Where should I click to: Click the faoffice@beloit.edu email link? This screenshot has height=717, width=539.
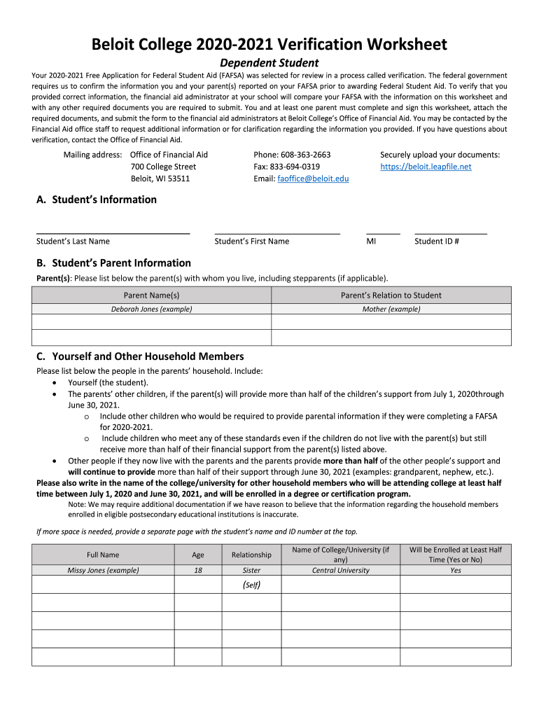click(313, 179)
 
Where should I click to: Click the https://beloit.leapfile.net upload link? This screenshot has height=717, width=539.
click(426, 167)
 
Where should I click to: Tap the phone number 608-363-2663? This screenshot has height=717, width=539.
click(305, 155)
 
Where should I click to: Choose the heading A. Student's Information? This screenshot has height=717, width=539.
click(97, 200)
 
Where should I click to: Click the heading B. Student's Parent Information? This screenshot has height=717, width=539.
click(113, 263)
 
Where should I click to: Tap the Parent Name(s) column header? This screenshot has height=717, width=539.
click(151, 295)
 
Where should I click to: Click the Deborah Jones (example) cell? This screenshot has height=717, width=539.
click(151, 309)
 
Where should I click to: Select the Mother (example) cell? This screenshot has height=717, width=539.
click(391, 309)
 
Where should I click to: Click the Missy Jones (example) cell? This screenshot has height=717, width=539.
click(103, 570)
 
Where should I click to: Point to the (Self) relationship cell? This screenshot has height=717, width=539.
click(251, 585)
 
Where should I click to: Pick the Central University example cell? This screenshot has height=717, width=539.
click(340, 570)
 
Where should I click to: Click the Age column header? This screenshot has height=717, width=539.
click(198, 555)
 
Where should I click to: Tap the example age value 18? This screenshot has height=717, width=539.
click(198, 570)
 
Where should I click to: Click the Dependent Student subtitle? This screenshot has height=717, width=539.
click(269, 63)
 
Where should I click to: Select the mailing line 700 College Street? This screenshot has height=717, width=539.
click(163, 167)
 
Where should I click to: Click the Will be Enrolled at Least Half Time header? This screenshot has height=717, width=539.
click(455, 555)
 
